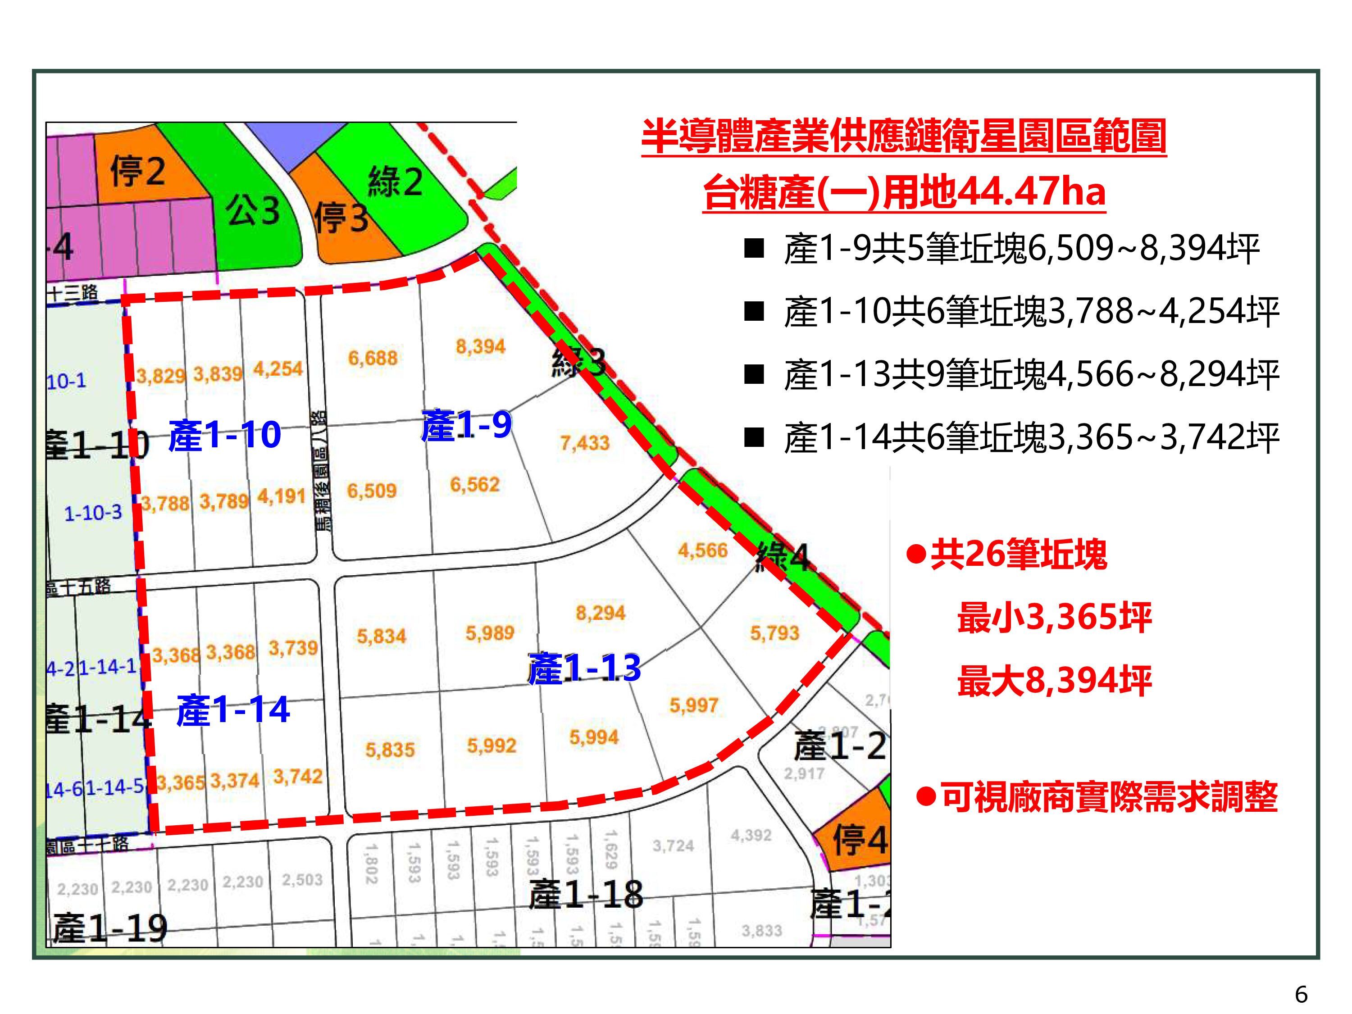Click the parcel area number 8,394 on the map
(480, 346)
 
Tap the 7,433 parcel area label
(585, 442)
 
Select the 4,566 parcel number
(702, 550)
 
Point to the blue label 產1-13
(584, 668)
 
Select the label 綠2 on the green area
(395, 182)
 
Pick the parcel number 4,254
(278, 369)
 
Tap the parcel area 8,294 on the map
(600, 613)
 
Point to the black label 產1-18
(586, 894)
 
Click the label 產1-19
(110, 928)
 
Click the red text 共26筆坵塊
(1018, 555)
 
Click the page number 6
(1301, 995)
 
